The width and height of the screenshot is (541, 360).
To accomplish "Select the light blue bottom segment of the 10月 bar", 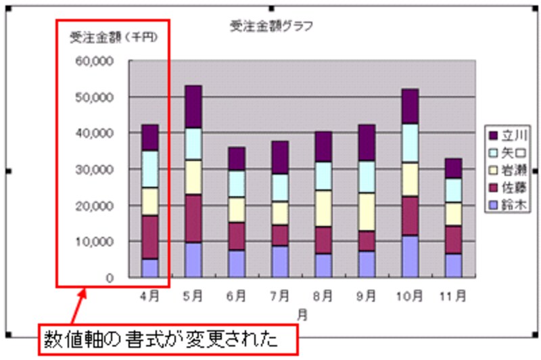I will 410,256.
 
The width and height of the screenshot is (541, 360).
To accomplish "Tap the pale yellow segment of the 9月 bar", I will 367,212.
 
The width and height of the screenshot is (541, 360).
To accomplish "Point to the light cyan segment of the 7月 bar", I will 280,187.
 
